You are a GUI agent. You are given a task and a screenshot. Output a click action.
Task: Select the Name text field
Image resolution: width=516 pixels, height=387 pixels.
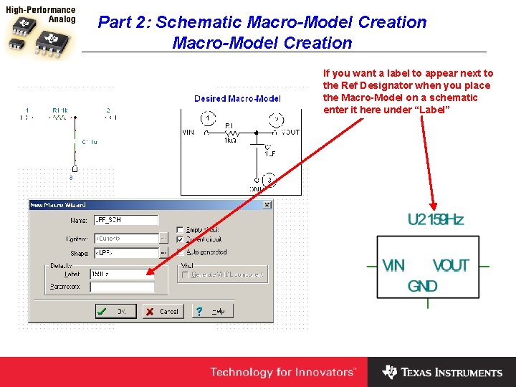(126, 220)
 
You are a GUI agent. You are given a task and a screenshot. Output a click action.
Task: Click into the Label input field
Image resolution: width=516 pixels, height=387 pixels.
(122, 274)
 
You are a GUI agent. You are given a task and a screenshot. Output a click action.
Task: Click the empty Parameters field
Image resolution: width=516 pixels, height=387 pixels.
(122, 287)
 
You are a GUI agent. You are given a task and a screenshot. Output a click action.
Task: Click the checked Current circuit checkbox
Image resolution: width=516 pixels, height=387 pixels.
(181, 239)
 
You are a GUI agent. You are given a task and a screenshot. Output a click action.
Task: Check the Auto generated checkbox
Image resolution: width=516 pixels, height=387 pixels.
(181, 252)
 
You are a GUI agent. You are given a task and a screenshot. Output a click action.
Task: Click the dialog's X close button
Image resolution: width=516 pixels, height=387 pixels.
(267, 205)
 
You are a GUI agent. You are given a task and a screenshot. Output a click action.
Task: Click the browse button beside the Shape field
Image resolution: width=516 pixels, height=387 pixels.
(164, 253)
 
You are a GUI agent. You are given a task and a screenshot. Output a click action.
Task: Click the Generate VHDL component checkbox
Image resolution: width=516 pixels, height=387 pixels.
(186, 274)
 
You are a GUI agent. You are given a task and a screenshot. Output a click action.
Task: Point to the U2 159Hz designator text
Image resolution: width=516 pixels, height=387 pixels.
(435, 219)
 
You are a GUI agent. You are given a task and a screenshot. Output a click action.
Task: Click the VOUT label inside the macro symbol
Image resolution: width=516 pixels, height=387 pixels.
(450, 266)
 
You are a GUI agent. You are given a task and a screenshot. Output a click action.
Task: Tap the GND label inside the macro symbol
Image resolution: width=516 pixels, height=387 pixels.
(423, 286)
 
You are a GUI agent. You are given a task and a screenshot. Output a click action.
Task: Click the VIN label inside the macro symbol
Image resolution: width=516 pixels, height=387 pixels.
(393, 266)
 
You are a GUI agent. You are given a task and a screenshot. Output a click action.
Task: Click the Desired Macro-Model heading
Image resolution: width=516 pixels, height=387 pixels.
(237, 98)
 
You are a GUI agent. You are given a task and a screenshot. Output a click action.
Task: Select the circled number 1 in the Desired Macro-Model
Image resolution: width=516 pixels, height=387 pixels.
(206, 118)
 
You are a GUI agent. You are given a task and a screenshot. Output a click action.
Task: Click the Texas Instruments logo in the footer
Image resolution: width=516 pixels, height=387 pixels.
(442, 372)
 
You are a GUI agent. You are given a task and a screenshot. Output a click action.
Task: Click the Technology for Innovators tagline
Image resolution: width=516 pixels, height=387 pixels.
(282, 372)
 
